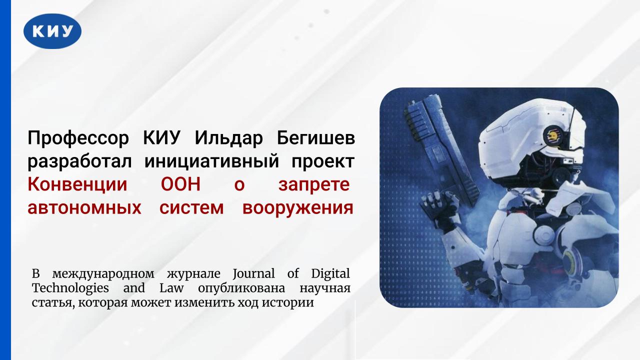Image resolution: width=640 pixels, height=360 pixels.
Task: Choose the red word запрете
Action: tap(313, 185)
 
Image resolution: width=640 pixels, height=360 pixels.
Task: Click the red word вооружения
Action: tap(298, 208)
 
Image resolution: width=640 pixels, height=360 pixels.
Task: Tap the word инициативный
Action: tap(215, 161)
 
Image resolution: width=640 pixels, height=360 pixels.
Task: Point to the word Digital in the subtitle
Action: tap(330, 274)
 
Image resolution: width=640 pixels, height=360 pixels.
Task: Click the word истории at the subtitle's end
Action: tap(291, 303)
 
